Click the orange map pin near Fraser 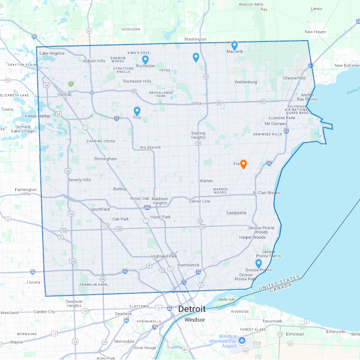coord(244,164)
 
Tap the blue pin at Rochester coord(145,59)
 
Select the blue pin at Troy coord(137,111)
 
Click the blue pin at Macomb coord(234,45)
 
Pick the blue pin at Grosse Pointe coord(258,263)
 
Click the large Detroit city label coord(191,309)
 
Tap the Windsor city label coord(194,320)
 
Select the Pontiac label coord(65,94)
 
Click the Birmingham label coord(106,159)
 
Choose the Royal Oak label coord(140,198)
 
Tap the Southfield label coord(100,209)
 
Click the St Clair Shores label coord(266,193)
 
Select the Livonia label coord(34,282)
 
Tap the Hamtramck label coord(189,265)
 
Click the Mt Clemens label coord(276,124)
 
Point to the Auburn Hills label coord(94,61)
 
